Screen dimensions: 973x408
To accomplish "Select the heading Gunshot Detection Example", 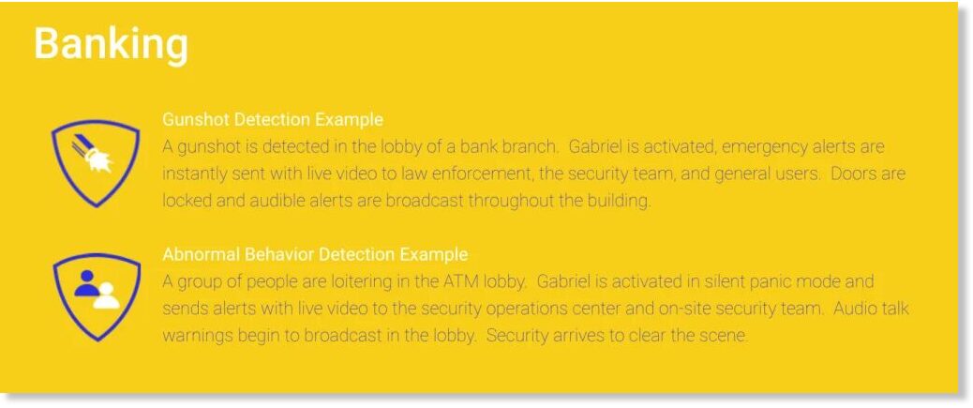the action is click(273, 119).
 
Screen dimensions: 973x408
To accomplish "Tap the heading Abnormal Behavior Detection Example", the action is click(315, 254).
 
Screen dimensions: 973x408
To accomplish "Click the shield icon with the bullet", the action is click(95, 162).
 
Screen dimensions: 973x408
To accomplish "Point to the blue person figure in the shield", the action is click(85, 283).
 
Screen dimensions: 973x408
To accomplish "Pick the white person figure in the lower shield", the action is click(106, 296).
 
